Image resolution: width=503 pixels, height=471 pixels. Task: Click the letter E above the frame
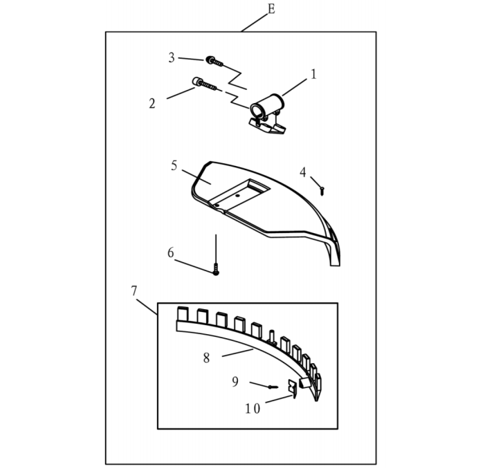[x=271, y=9]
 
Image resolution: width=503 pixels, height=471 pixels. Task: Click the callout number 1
[x=313, y=74]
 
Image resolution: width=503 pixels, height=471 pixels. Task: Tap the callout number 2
[x=152, y=103]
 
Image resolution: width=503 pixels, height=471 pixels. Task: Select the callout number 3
[x=172, y=57]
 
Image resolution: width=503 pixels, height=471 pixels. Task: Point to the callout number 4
[x=303, y=172]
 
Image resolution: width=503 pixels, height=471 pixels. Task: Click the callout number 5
[x=174, y=165]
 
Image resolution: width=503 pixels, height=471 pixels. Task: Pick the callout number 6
[x=171, y=252]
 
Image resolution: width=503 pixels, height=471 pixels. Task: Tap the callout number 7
[x=134, y=290]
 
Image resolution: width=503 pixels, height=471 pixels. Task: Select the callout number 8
[x=206, y=358]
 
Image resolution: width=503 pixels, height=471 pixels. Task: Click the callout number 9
[x=235, y=382]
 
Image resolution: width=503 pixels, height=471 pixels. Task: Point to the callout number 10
[x=253, y=409]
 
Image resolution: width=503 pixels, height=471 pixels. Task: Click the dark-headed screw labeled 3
[x=214, y=61]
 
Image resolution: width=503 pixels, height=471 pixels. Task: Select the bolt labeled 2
[x=204, y=84]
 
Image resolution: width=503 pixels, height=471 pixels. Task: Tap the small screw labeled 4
[x=322, y=191]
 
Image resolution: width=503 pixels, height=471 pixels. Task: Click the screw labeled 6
[x=216, y=269]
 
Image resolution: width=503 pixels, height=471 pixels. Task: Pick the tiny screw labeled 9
[x=273, y=387]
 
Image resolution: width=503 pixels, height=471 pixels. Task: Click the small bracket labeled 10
[x=293, y=388]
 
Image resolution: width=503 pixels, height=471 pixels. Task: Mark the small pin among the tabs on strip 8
[x=273, y=337]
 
